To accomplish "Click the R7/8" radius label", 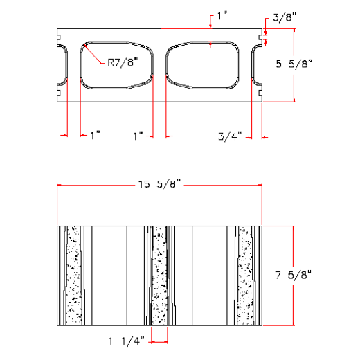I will (122, 62).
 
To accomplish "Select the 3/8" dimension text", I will (282, 17).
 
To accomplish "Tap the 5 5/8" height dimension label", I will (295, 63).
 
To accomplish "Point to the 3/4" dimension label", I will (228, 136).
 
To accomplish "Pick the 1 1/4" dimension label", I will (126, 341).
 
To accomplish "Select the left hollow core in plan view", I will (116, 66).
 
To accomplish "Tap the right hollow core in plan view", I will (202, 66).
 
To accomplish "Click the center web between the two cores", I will (159, 66).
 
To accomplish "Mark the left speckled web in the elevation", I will (73, 274).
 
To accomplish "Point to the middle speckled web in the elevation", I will (159, 274).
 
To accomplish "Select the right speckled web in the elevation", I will (245, 274).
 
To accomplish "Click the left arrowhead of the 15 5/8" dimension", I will (60, 185).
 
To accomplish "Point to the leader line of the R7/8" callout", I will (94, 53).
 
